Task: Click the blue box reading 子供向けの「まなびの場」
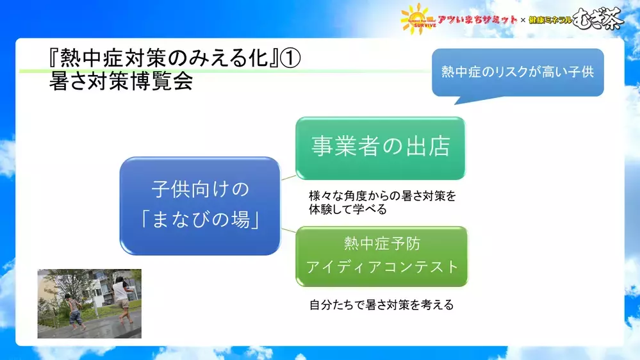click(x=200, y=206)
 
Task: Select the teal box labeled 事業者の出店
click(x=380, y=148)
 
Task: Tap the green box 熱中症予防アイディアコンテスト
click(x=382, y=256)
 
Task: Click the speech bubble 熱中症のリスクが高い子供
click(x=518, y=72)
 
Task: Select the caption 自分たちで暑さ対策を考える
click(x=381, y=306)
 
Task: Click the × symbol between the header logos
click(x=523, y=20)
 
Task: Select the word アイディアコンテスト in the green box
click(x=382, y=266)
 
